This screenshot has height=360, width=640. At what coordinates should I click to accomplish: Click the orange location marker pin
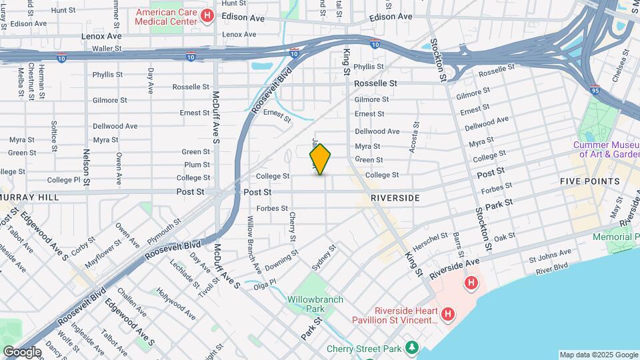coord(320,159)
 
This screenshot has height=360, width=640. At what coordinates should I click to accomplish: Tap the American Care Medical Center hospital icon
coord(207,15)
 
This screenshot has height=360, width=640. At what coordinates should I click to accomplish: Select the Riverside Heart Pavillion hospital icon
coord(448,313)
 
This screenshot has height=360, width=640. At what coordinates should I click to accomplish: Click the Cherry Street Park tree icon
coord(413,347)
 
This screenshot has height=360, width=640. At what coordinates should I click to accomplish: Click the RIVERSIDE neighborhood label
coord(395,198)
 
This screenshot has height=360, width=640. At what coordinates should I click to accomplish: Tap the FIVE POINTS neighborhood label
coord(589,181)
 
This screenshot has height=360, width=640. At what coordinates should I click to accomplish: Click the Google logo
coord(22,351)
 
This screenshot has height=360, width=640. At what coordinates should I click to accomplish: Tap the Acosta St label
coord(414,137)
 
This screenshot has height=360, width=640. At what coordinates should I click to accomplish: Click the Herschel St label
coord(430,239)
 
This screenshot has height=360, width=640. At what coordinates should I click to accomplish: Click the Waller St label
coord(107,49)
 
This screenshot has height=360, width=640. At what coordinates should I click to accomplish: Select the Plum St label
coord(197,165)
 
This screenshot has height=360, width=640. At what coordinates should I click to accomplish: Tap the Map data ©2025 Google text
coord(598,355)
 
